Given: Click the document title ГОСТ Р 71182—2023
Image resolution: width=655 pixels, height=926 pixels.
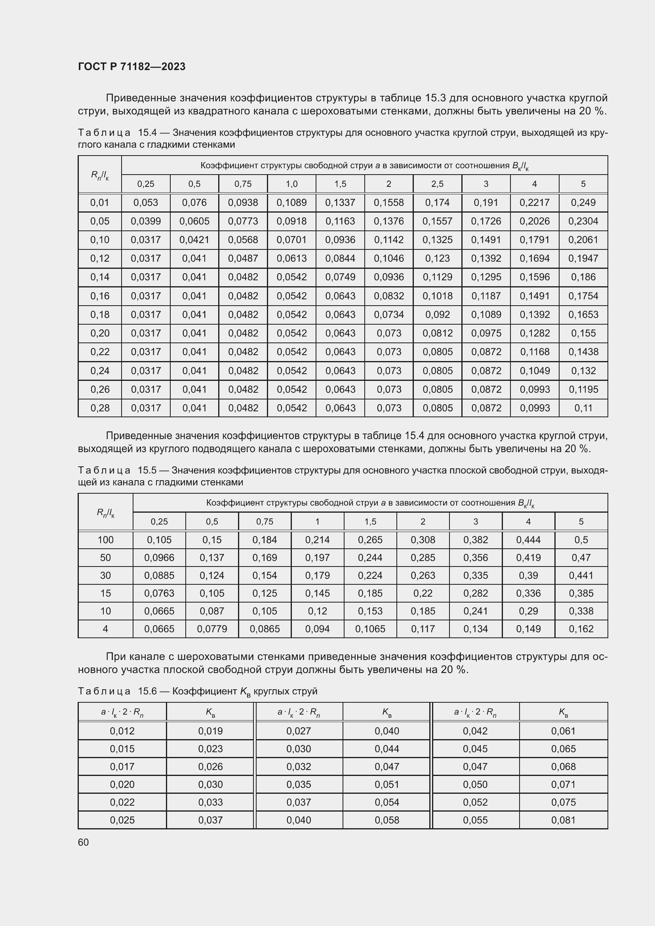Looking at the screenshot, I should (131, 67).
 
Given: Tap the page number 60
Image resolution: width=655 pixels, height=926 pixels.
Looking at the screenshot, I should (83, 842).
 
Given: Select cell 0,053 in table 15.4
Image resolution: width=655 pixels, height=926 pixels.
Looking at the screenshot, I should (146, 202).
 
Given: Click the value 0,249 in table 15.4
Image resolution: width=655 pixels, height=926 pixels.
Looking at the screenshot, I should (583, 202).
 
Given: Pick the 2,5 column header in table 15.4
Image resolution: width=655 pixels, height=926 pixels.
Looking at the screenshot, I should (437, 184).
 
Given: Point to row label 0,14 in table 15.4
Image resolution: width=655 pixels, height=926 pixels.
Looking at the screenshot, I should (100, 277).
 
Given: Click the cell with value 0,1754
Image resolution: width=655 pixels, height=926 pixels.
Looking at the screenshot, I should (583, 296).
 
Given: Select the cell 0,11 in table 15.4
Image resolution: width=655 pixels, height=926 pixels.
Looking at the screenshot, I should (583, 408).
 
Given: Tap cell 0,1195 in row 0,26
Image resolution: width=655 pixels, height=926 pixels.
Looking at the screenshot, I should (583, 389).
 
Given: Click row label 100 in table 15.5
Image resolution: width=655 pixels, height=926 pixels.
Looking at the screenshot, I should (105, 540).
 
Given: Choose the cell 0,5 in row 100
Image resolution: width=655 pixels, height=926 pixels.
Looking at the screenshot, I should (581, 540).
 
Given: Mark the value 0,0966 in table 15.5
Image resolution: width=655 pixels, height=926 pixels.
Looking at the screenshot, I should (159, 557).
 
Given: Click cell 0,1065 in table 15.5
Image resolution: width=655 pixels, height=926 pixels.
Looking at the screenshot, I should (370, 629).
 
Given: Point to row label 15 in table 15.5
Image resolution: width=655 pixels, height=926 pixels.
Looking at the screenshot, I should (105, 593).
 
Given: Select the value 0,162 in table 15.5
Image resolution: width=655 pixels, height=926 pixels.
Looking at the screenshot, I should (581, 629).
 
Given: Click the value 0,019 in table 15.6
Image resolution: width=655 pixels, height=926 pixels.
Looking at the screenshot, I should (210, 731).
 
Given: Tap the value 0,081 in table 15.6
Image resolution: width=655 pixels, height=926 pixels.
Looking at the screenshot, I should (563, 820).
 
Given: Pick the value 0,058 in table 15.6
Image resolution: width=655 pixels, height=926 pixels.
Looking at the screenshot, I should (387, 820).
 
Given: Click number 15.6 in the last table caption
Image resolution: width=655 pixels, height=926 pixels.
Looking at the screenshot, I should (147, 691).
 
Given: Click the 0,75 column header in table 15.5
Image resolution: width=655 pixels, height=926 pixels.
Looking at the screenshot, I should (265, 521).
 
